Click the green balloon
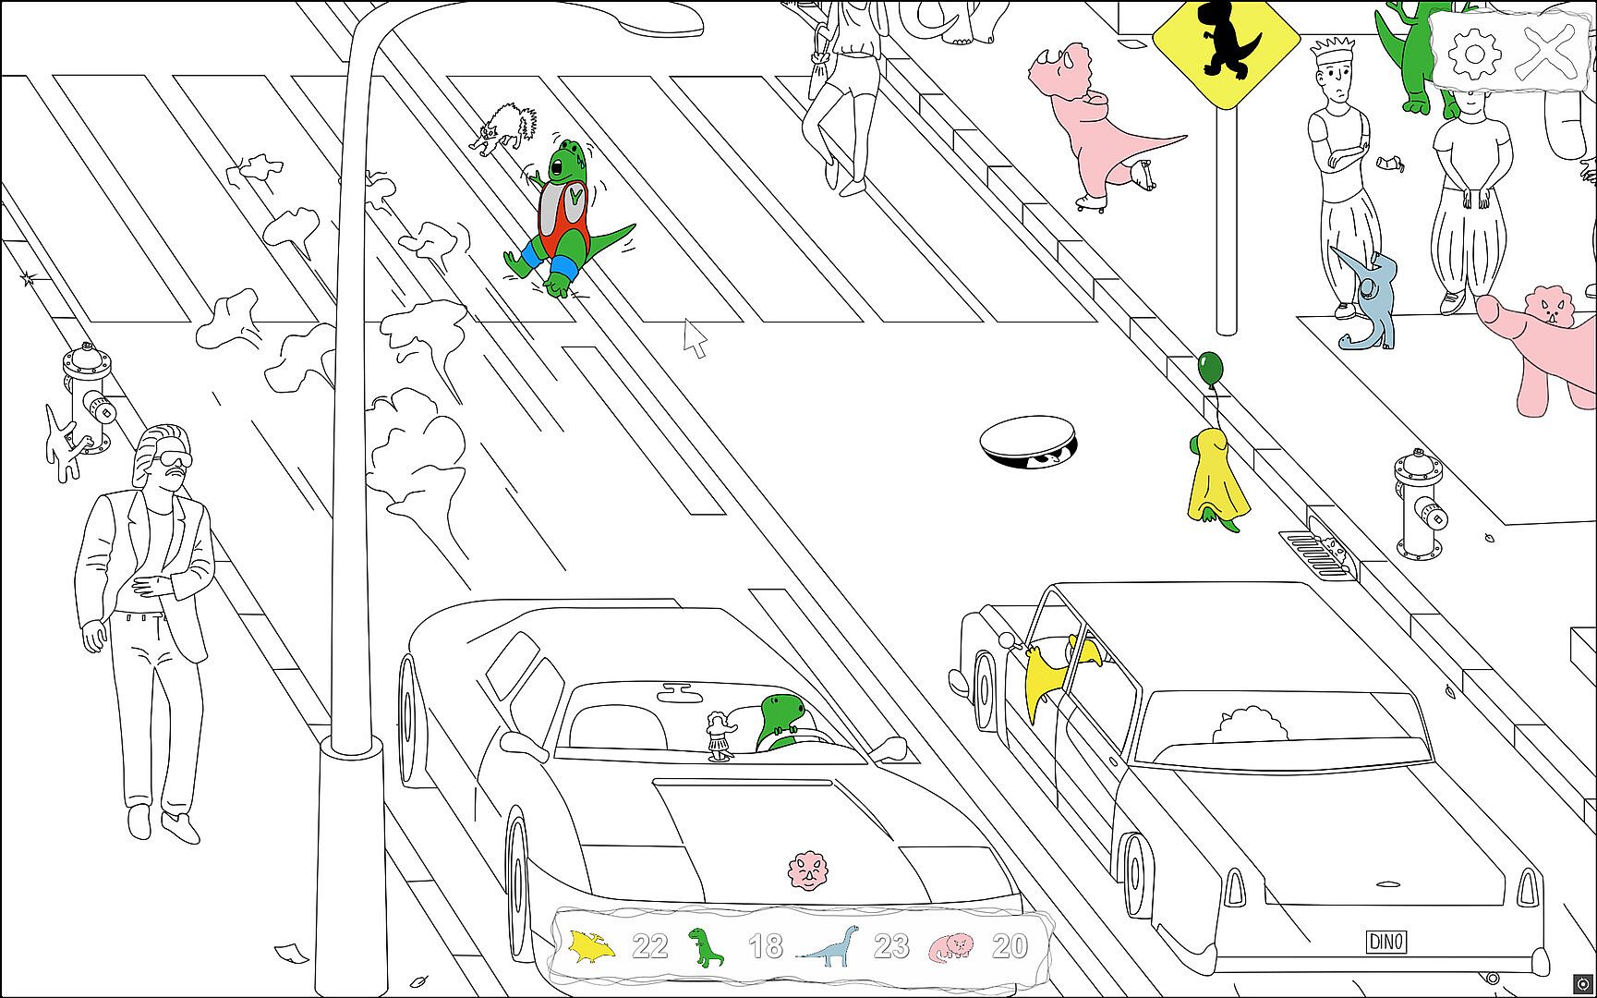(1209, 367)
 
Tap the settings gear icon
(1472, 53)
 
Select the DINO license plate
(1385, 942)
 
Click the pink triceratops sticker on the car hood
(808, 870)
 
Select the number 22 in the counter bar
(649, 946)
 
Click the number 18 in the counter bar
(765, 946)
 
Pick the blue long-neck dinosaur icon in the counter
(829, 945)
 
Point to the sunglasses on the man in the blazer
(173, 460)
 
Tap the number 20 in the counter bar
(1010, 946)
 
